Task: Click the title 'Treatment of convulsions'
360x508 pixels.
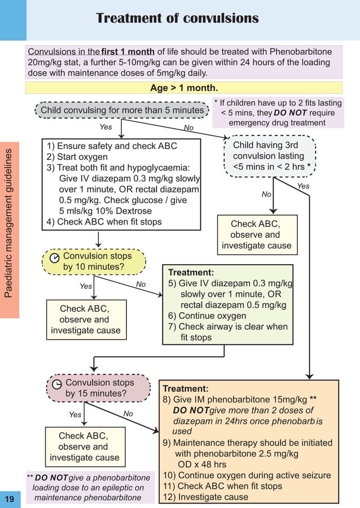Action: tap(177, 18)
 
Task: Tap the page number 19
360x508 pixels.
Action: tap(9, 499)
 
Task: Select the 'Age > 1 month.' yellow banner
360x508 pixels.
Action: tap(184, 87)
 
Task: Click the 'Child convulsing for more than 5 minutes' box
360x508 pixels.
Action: tap(122, 110)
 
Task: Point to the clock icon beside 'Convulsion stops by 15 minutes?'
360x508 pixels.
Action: tap(57, 384)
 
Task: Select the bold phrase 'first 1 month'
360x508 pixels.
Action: tap(128, 52)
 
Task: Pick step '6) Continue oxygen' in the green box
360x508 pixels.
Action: tap(207, 316)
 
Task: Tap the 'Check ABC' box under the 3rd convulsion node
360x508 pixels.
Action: tap(257, 234)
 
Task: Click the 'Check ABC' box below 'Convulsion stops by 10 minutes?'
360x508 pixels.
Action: tap(85, 319)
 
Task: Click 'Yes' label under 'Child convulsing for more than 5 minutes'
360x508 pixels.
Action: tap(106, 127)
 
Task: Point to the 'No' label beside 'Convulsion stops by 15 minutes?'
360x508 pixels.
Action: tap(128, 414)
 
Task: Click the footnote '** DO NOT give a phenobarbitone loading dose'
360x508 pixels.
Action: tap(90, 487)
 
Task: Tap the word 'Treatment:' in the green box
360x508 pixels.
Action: tap(191, 272)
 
